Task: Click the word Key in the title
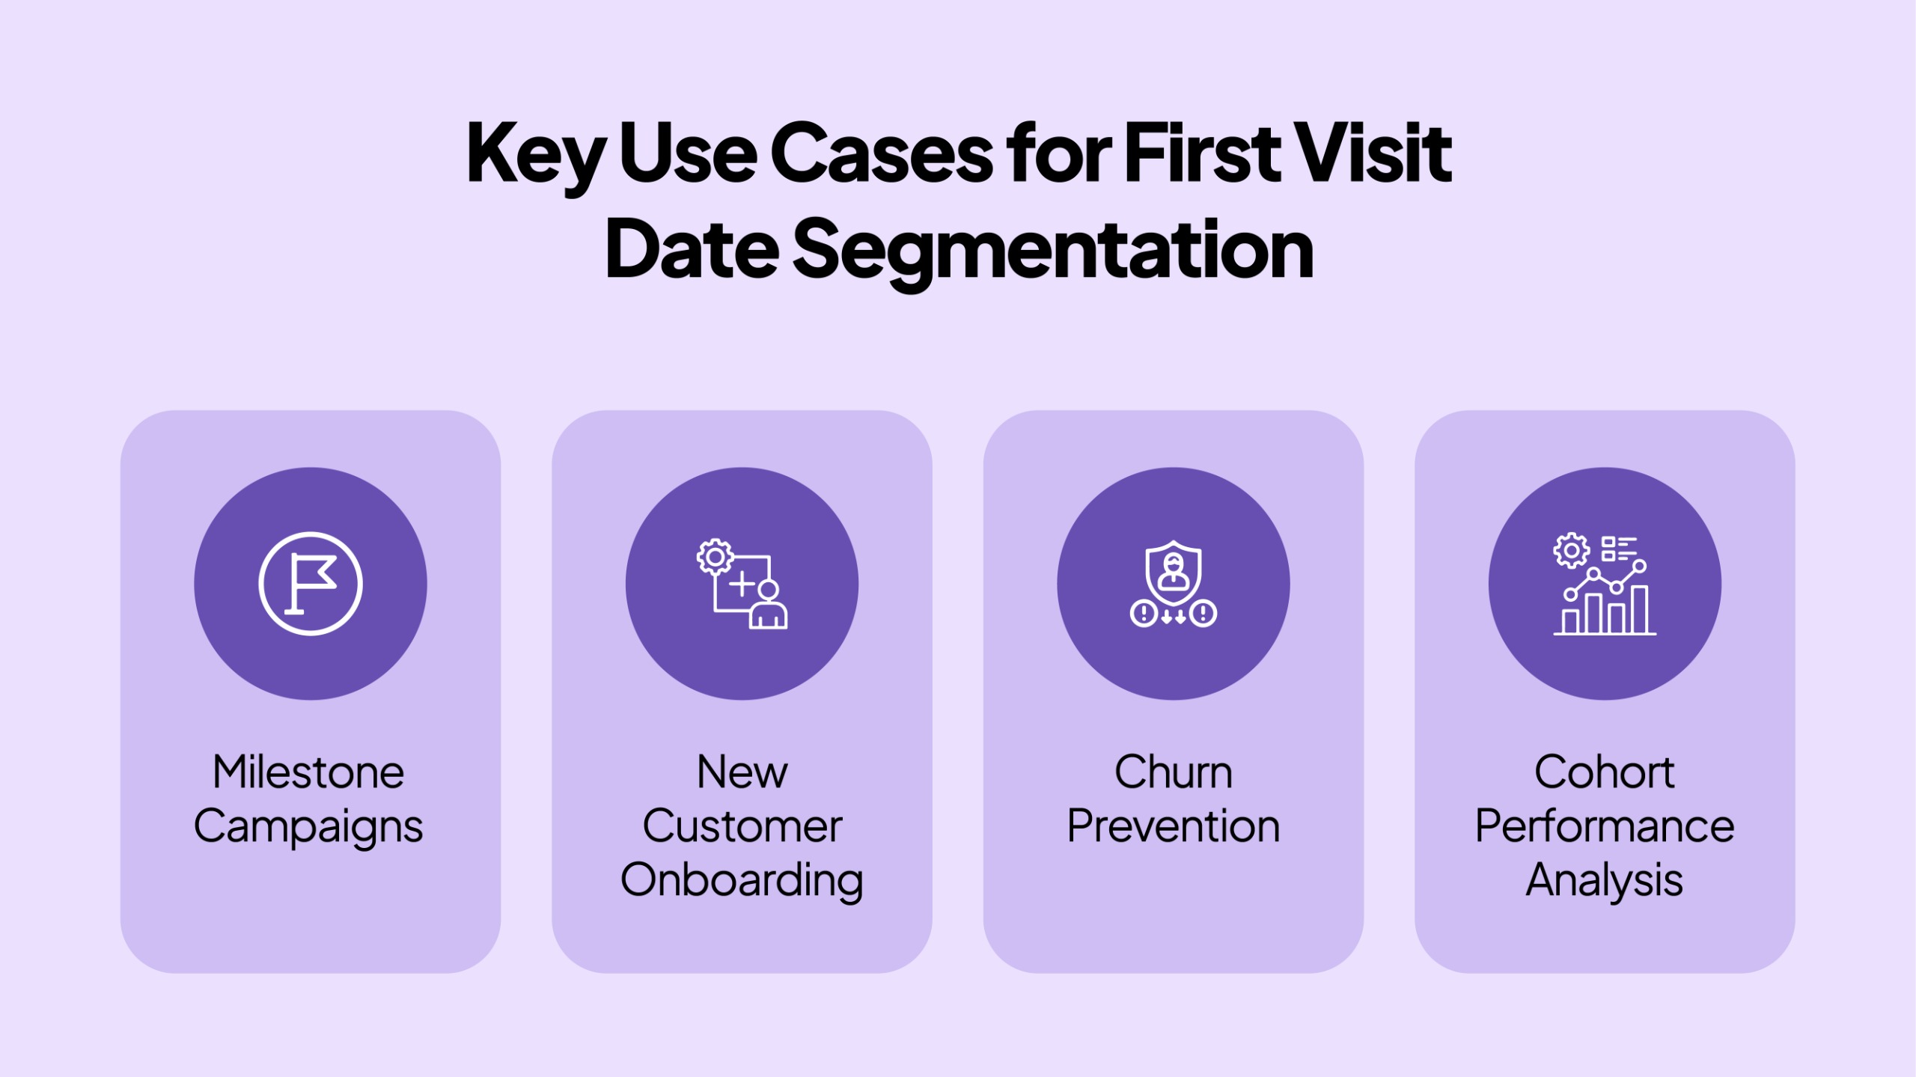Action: coord(535,156)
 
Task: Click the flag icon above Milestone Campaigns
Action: coord(311,584)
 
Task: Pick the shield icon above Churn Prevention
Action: coord(1174,573)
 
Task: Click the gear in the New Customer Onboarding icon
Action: coord(715,557)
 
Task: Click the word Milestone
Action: coord(308,772)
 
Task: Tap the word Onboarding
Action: coord(742,882)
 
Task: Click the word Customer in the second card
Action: coord(742,826)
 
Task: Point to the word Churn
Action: coord(1174,772)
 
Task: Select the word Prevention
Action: coord(1174,826)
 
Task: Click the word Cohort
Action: coord(1605,772)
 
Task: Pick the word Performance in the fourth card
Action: coord(1605,826)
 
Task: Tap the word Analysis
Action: coord(1605,881)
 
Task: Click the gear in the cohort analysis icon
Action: coord(1572,551)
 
